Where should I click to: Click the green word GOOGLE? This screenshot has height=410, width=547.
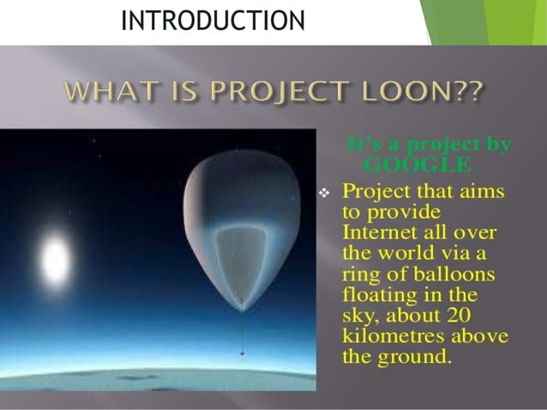(x=417, y=164)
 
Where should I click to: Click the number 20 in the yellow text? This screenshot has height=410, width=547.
(x=472, y=315)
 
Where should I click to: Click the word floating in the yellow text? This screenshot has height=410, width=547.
(x=381, y=294)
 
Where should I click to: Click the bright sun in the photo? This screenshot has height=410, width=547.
(x=55, y=256)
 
